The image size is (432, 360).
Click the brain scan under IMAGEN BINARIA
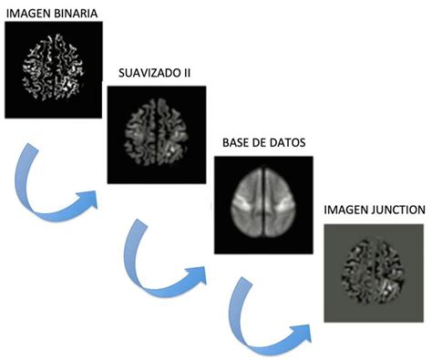[52, 68]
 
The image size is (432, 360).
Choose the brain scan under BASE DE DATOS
[262, 203]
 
